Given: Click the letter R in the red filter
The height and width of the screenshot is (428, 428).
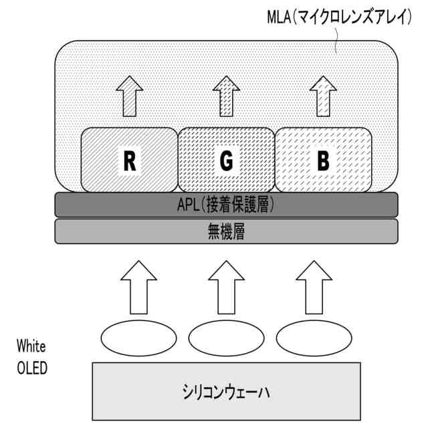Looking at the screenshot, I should pyautogui.click(x=130, y=160).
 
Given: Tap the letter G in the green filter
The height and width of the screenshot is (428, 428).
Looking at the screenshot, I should pyautogui.click(x=226, y=160).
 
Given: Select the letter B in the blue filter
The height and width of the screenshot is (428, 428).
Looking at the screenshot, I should pyautogui.click(x=324, y=160).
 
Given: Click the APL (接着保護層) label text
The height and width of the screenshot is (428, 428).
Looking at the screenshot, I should pyautogui.click(x=226, y=205).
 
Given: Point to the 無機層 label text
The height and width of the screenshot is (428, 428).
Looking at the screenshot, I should pyautogui.click(x=226, y=231).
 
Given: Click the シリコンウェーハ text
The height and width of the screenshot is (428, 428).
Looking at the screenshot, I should pyautogui.click(x=225, y=391).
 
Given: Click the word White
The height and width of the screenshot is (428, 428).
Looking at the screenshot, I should pyautogui.click(x=31, y=346).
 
